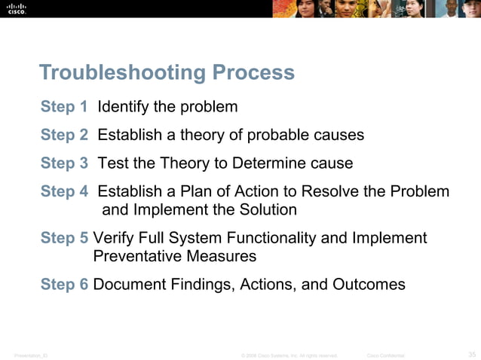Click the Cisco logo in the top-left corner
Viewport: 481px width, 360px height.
click(x=17, y=10)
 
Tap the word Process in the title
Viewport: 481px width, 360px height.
click(x=253, y=73)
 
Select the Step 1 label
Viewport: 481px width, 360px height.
click(x=64, y=106)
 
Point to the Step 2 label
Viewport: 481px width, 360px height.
click(x=64, y=135)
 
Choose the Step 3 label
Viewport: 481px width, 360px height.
click(x=64, y=163)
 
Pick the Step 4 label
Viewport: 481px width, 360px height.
click(x=64, y=191)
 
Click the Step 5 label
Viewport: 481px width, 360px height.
click(x=64, y=238)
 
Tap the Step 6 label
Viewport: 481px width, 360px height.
click(x=64, y=285)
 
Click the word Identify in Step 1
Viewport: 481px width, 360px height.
click(x=123, y=106)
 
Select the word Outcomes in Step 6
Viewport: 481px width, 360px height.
click(x=367, y=285)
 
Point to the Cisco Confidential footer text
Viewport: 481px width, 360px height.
click(x=385, y=355)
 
